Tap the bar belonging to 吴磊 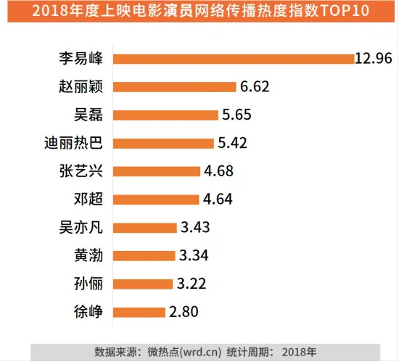coord(166,115)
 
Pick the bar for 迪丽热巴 coord(164,143)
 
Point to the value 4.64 coord(218,200)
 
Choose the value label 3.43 coord(196,228)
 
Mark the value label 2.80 coord(184,313)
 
